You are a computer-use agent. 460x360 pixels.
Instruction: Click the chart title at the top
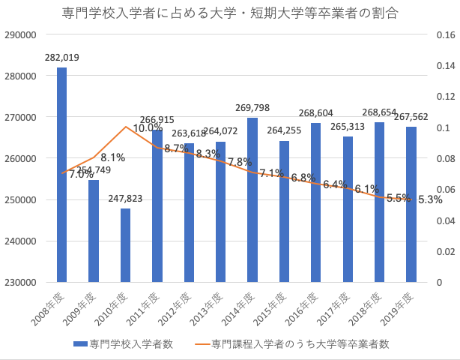coord(230,13)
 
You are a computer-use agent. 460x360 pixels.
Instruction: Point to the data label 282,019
coord(62,57)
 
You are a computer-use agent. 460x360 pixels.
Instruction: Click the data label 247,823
coord(126,199)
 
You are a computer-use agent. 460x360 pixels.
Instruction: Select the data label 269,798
coord(252,108)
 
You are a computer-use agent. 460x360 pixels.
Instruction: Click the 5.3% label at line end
coord(431,199)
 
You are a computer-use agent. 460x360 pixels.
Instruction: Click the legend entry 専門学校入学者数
coord(124,344)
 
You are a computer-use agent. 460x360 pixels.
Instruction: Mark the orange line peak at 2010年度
coord(126,127)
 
